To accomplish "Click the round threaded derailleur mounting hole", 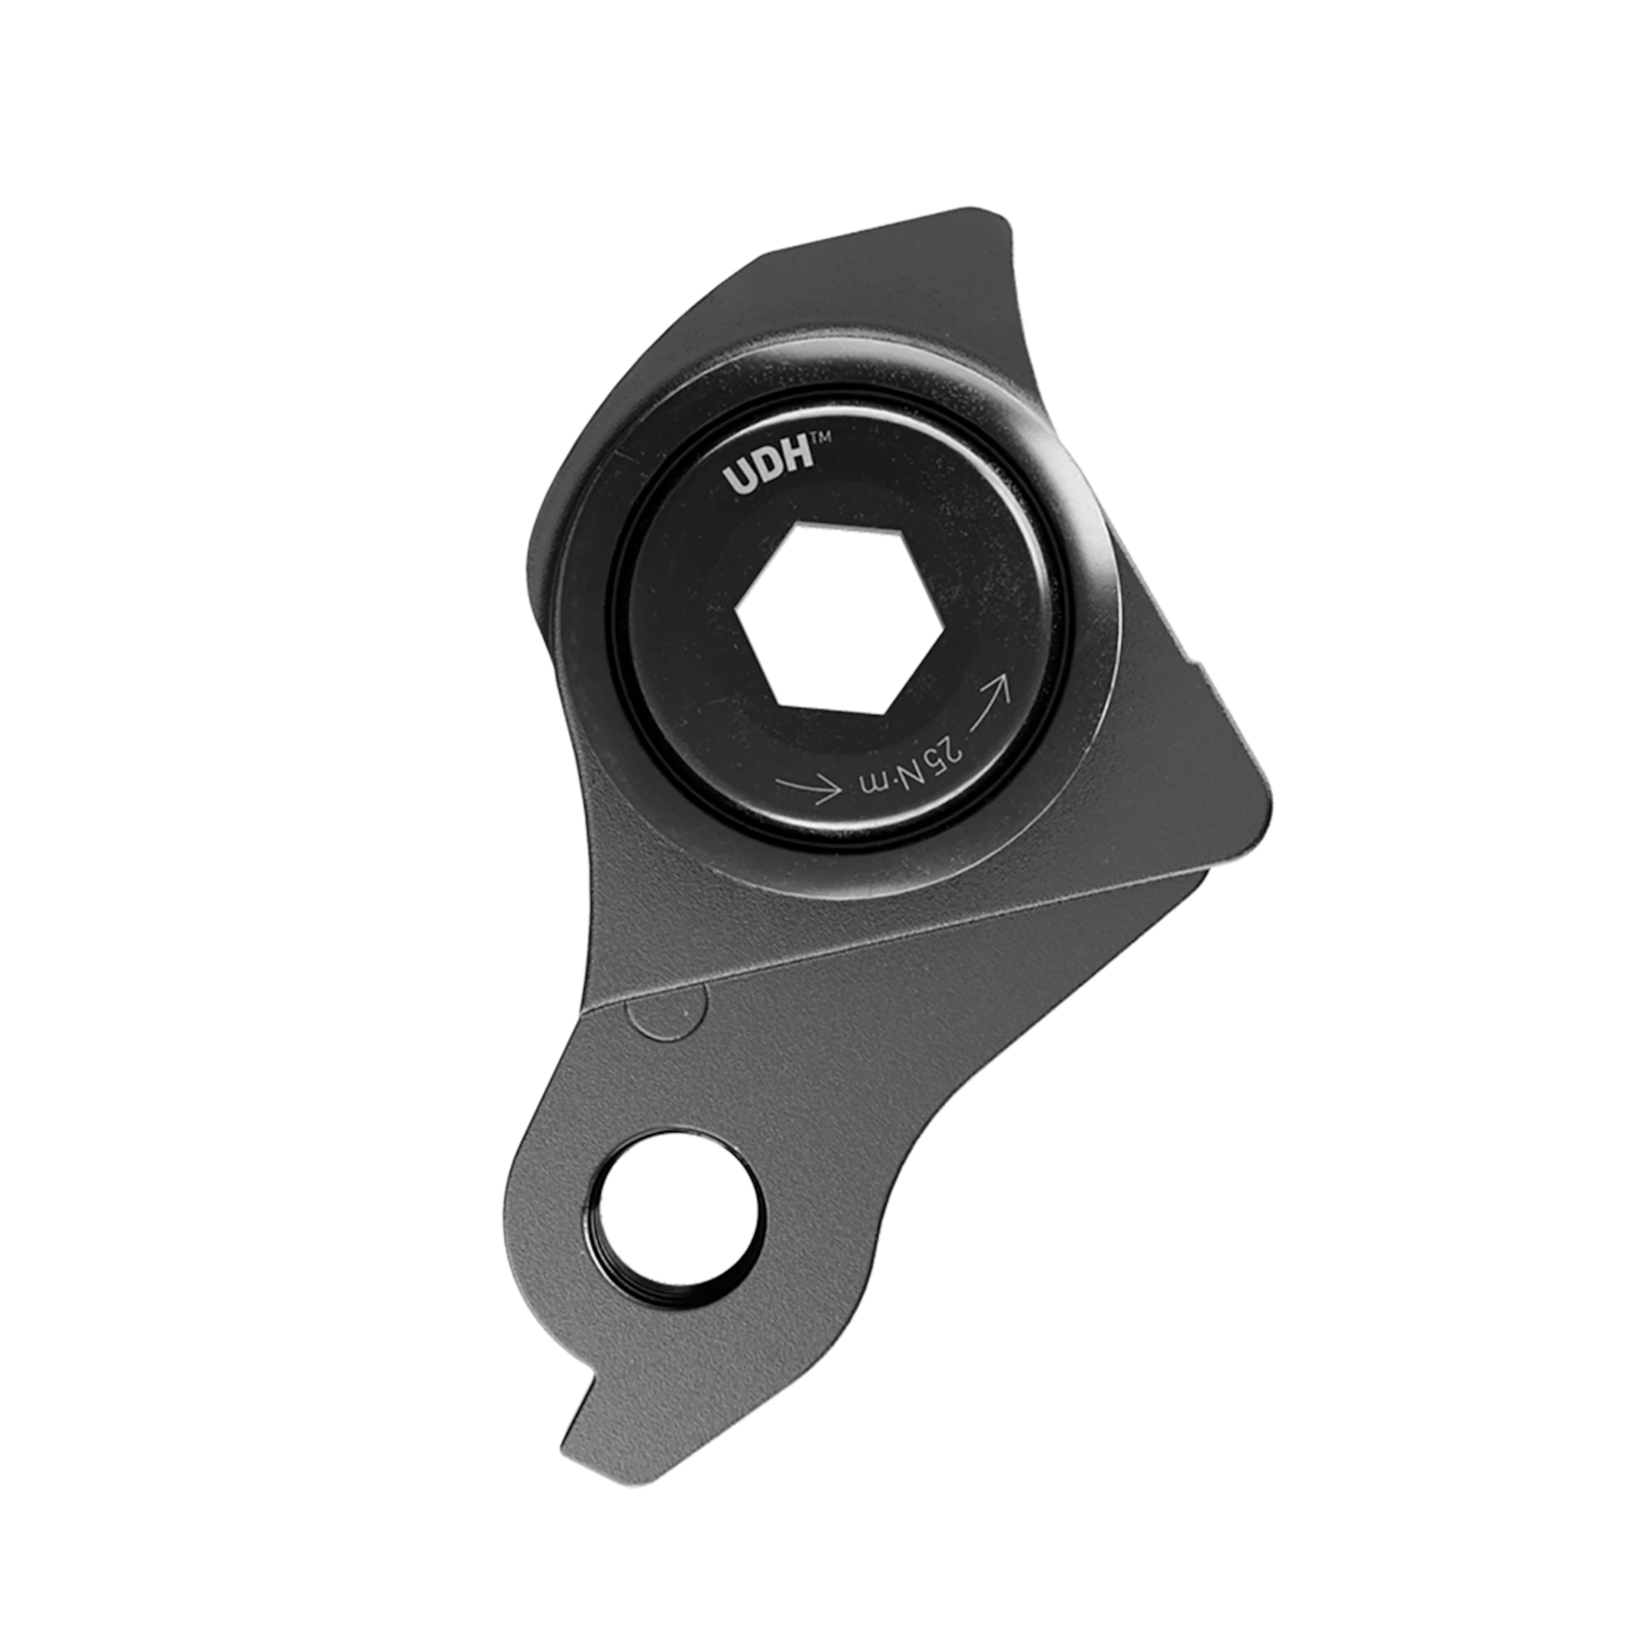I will [679, 1211].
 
